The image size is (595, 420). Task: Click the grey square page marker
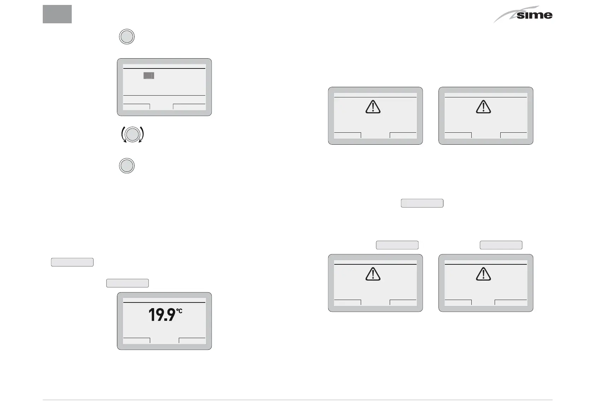click(57, 14)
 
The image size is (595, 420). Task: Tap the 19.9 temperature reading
click(162, 315)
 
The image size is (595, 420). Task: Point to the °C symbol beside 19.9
click(179, 311)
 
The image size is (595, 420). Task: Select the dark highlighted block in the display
click(149, 76)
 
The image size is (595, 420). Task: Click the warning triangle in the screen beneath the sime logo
click(483, 106)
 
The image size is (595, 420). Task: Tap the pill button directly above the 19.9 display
click(127, 283)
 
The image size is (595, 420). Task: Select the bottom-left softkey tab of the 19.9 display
click(137, 341)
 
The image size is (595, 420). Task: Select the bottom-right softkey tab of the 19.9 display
click(192, 341)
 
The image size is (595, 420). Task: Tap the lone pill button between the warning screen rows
click(422, 203)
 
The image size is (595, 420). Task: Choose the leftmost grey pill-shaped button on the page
click(72, 262)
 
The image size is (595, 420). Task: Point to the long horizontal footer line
click(297, 400)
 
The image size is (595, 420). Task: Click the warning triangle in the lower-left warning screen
click(373, 274)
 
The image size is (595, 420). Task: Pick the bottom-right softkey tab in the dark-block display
click(189, 107)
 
